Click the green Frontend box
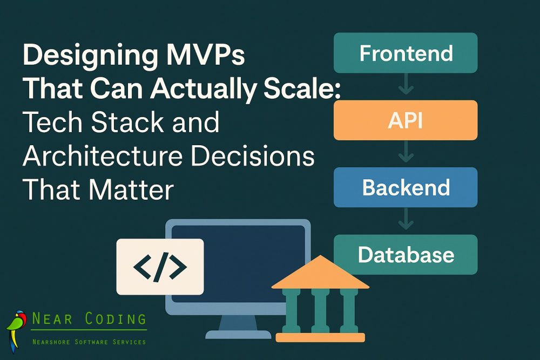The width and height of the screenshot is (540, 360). pos(405,53)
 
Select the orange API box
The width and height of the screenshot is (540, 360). pos(405,120)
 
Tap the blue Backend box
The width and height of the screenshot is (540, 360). pos(405,187)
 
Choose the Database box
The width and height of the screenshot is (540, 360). pos(405,254)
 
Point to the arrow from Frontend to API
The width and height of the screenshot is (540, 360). pos(406,86)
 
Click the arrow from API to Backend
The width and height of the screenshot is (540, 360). pos(406,154)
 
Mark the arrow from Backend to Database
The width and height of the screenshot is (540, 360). pos(406,221)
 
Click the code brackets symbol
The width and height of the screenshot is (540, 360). pos(160,267)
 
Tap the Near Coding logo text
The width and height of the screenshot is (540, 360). pos(89,320)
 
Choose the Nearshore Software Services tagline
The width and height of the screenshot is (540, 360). pos(89,342)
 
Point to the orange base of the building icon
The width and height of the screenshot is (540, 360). pos(320,337)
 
